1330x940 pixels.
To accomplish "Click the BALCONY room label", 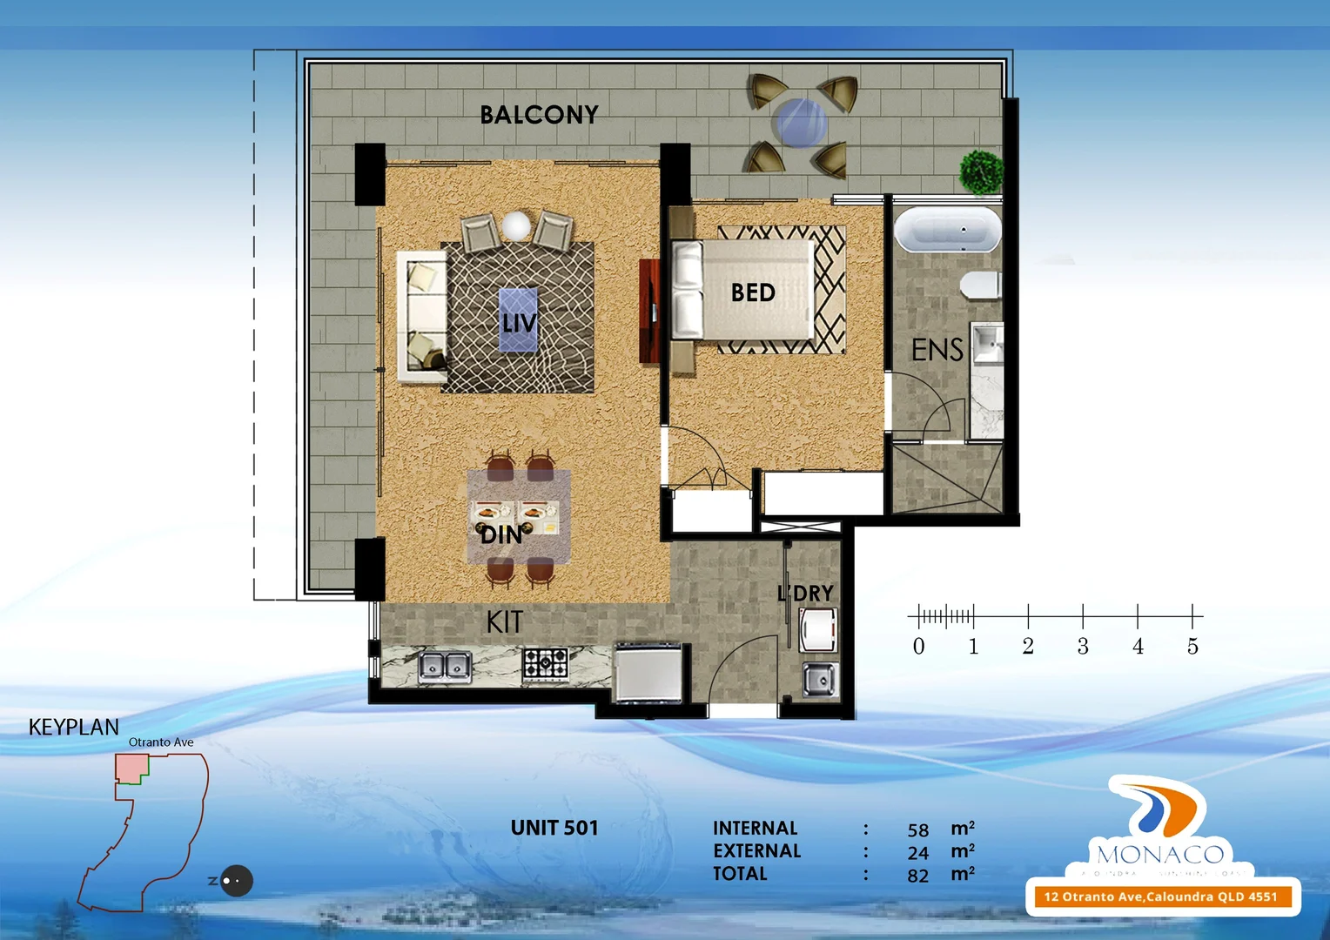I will pyautogui.click(x=539, y=115).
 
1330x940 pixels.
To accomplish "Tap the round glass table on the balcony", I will pyautogui.click(x=800, y=123).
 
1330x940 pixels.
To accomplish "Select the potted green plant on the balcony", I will pyautogui.click(x=981, y=171).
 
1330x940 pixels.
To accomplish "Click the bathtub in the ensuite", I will pyautogui.click(x=947, y=231).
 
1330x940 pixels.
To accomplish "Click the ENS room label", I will pyautogui.click(x=937, y=350).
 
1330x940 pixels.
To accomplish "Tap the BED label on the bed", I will pyautogui.click(x=753, y=292).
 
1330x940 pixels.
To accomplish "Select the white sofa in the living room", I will pyautogui.click(x=420, y=316).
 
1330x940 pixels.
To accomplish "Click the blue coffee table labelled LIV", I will pyautogui.click(x=518, y=320).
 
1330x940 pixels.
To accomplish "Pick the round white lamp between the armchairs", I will pyautogui.click(x=516, y=225).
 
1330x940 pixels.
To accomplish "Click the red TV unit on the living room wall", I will pyautogui.click(x=649, y=310).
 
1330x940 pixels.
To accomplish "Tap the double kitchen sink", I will pyautogui.click(x=445, y=667).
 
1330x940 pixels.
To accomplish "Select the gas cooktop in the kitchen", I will pyautogui.click(x=546, y=664).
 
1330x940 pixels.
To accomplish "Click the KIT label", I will pyautogui.click(x=505, y=622).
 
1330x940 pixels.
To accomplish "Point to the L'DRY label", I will pyautogui.click(x=805, y=594).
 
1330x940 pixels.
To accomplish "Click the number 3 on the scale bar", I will pyautogui.click(x=1083, y=647).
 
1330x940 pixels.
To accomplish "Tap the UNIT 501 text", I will pyautogui.click(x=554, y=828).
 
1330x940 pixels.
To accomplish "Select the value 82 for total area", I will pyautogui.click(x=917, y=876).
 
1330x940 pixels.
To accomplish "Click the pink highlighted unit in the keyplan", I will pyautogui.click(x=131, y=768).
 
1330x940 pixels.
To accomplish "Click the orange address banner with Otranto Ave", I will pyautogui.click(x=1160, y=896).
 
